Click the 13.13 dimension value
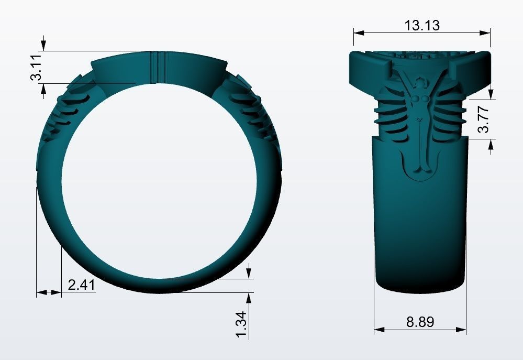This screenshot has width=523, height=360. coord(421,25)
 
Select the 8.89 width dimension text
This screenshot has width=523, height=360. coord(420,321)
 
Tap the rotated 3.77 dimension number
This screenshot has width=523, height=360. coord(484,119)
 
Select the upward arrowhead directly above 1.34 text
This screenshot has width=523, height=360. coord(249,298)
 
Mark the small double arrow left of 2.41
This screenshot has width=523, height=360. coord(49,292)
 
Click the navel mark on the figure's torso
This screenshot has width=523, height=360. coord(419,121)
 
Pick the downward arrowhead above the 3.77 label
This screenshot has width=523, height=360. coord(491,93)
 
